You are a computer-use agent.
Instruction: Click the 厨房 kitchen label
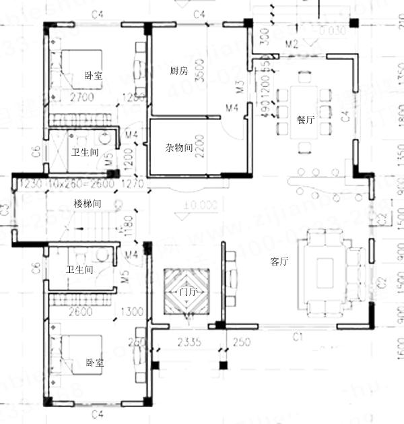178,70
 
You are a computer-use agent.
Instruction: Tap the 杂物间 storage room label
180,147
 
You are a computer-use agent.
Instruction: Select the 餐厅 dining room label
305,119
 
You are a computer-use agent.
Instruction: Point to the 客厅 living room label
279,261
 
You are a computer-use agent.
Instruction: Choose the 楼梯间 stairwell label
88,203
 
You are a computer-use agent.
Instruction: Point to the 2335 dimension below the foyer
188,342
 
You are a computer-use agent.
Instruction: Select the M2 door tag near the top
292,44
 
